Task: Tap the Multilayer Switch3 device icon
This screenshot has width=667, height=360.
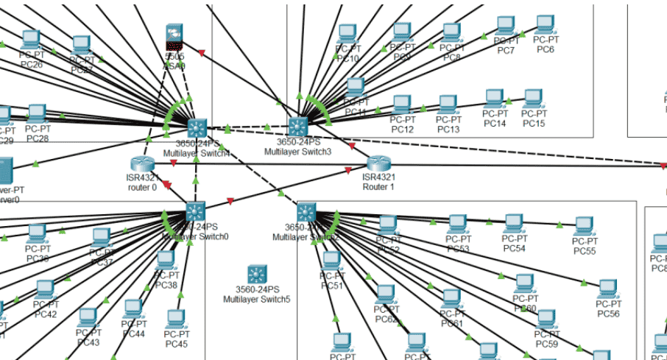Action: tap(297, 126)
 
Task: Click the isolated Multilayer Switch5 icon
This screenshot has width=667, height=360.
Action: tap(257, 274)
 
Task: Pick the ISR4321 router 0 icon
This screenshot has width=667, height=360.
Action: tap(141, 164)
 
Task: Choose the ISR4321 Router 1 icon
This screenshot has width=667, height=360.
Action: tap(378, 164)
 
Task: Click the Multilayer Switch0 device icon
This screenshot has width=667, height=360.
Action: tap(195, 211)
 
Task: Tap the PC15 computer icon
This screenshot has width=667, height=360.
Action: tap(533, 99)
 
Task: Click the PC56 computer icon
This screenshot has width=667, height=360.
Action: tap(607, 289)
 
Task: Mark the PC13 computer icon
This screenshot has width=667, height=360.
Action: tap(448, 105)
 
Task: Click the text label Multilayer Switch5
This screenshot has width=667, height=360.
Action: tap(257, 299)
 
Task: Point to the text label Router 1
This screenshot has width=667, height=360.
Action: tap(378, 186)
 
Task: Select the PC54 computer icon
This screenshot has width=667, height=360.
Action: tap(513, 225)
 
